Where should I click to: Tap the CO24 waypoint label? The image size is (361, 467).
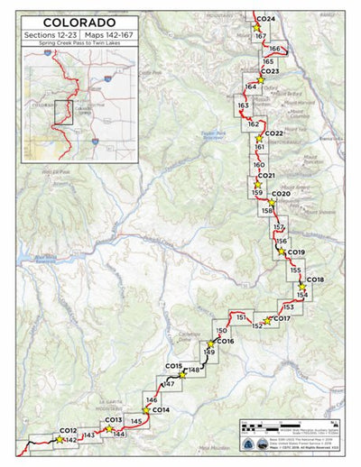point(266,19)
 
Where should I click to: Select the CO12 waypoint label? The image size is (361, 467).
point(69,431)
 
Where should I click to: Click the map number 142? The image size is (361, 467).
point(70,440)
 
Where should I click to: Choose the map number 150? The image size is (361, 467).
point(221,332)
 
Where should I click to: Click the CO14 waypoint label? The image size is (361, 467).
point(161,411)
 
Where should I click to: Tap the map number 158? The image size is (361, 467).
point(267,210)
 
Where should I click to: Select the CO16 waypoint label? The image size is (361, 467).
point(225,342)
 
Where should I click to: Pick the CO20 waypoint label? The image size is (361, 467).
point(281,194)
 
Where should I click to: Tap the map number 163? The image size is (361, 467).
point(243,106)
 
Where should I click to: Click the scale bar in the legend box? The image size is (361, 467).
point(274,431)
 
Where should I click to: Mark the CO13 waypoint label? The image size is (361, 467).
point(114,421)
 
